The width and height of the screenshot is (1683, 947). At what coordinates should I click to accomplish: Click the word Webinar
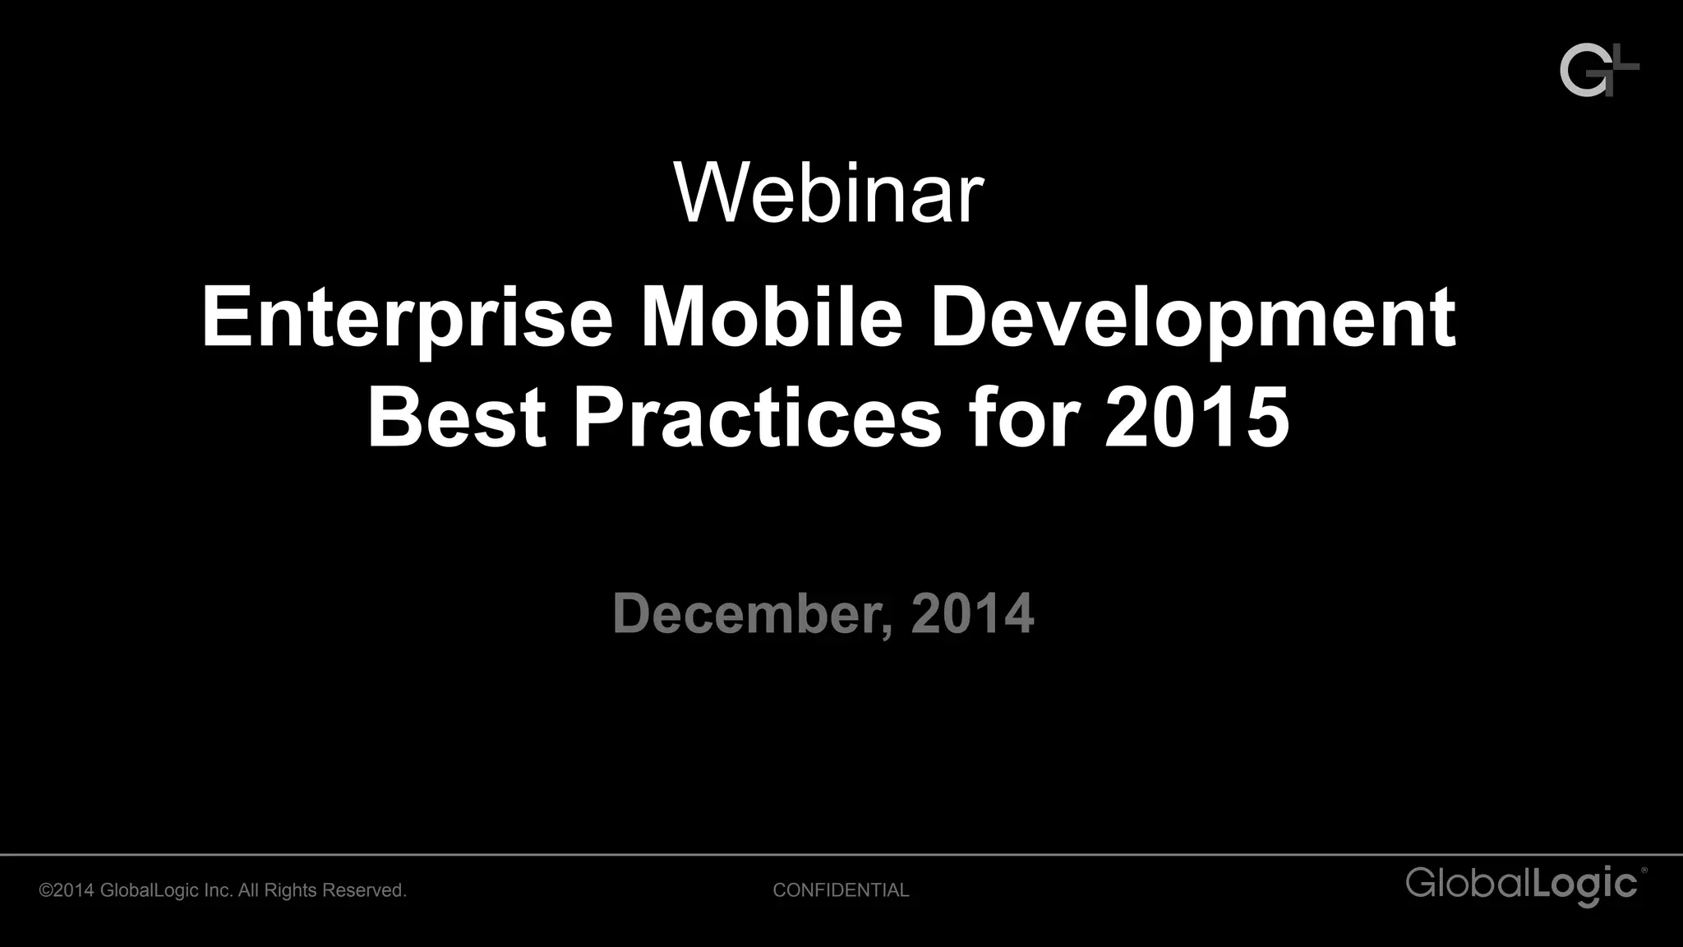click(x=828, y=193)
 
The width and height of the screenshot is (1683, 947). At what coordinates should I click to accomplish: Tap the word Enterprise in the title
click(x=407, y=319)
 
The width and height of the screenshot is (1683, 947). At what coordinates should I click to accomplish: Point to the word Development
click(x=1192, y=319)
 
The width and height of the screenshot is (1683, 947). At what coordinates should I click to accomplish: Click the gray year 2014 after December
click(x=971, y=613)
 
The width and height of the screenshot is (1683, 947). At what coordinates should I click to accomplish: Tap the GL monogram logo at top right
click(x=1598, y=71)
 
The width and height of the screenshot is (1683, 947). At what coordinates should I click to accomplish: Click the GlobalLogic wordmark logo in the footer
click(x=1522, y=885)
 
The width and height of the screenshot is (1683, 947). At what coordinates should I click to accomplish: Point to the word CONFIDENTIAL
click(x=841, y=890)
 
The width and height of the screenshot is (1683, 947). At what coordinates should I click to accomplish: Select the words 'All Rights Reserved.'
click(x=322, y=890)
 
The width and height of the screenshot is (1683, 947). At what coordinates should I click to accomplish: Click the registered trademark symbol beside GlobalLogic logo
click(x=1644, y=870)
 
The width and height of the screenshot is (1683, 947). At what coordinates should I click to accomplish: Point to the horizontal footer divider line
click(x=841, y=855)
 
